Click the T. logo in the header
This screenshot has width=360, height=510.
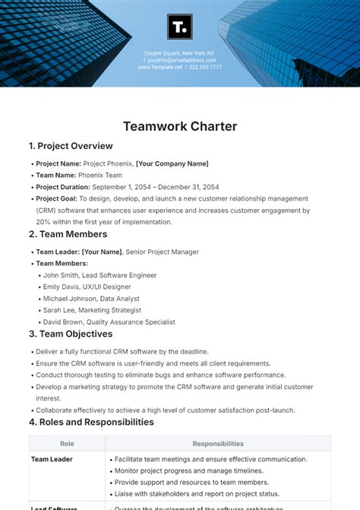(x=180, y=28)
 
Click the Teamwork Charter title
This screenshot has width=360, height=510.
(x=180, y=126)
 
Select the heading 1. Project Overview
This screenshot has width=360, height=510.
(x=71, y=146)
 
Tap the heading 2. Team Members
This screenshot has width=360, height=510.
(x=68, y=234)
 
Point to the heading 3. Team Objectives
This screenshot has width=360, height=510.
(x=71, y=334)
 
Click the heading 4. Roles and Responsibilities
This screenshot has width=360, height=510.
(x=91, y=422)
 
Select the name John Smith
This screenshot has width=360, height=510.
(x=62, y=275)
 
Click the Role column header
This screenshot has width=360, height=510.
(x=67, y=444)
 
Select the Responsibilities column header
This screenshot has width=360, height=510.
(x=218, y=444)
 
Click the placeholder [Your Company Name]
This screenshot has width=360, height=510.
(x=172, y=163)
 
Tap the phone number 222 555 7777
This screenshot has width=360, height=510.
(x=206, y=67)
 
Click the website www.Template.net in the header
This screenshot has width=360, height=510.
(x=160, y=67)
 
